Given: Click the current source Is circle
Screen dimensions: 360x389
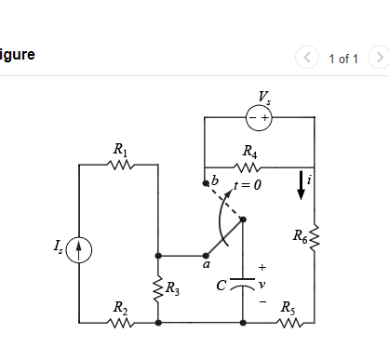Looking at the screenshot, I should [x=81, y=248].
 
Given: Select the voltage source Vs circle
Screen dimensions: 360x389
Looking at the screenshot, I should [x=258, y=118].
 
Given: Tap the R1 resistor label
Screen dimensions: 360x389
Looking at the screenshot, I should [x=119, y=149].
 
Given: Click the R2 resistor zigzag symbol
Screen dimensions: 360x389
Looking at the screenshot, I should [x=119, y=322].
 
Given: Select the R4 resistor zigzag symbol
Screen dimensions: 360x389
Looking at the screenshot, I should [x=249, y=168].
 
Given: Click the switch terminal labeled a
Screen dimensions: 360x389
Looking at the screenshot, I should [x=206, y=255].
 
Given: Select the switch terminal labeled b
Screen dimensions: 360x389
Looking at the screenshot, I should [x=206, y=183].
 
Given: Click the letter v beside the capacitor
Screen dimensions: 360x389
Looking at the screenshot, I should [x=263, y=285].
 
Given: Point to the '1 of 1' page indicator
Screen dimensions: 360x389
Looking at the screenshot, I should [x=342, y=59].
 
